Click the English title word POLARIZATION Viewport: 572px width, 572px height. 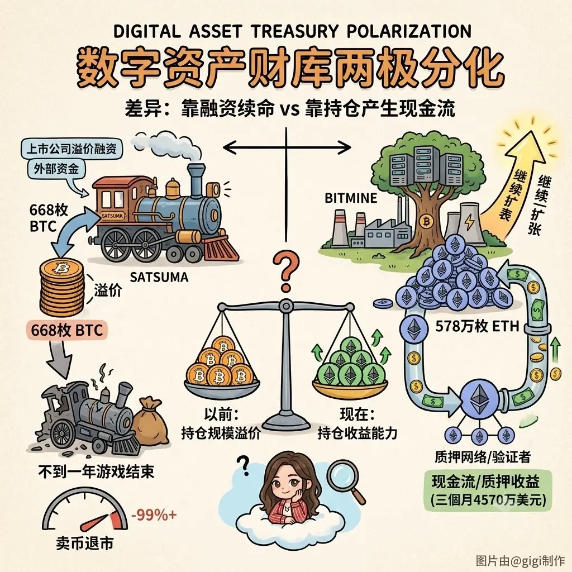409,32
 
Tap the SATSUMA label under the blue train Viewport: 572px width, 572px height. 159,278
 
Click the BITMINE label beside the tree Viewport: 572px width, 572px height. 351,198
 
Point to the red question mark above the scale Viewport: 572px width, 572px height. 287,271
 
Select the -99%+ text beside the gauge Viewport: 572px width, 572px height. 154,515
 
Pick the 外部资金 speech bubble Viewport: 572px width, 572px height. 56,169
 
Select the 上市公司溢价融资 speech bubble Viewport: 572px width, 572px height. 71,149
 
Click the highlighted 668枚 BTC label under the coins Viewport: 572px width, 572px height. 66,331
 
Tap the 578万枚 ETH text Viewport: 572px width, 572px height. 477,326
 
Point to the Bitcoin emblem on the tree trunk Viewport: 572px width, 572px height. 425,221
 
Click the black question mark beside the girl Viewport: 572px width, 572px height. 242,465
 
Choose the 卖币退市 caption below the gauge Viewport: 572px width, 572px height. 85,544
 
